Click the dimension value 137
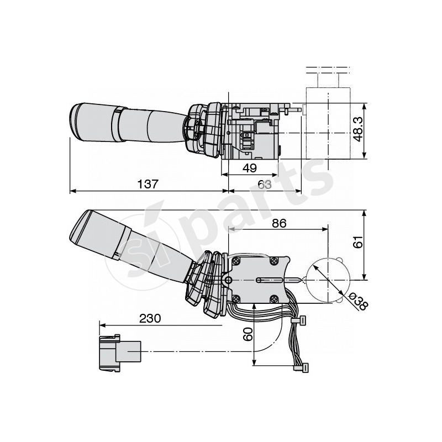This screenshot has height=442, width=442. coord(148,185)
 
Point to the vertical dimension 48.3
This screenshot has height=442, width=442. coord(358,130)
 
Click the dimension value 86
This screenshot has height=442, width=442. coord(279,224)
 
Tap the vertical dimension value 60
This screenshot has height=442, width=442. coord(248,333)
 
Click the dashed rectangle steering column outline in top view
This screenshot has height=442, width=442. coord(328,130)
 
